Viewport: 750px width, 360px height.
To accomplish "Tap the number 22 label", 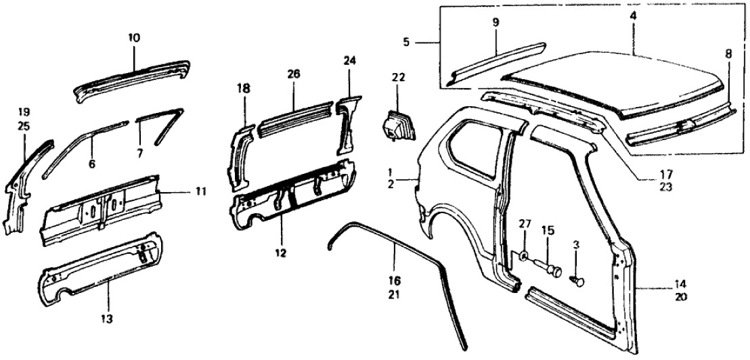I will [398, 77].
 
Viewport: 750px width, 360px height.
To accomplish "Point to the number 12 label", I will [280, 254].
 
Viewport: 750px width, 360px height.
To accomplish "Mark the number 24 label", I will [349, 60].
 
